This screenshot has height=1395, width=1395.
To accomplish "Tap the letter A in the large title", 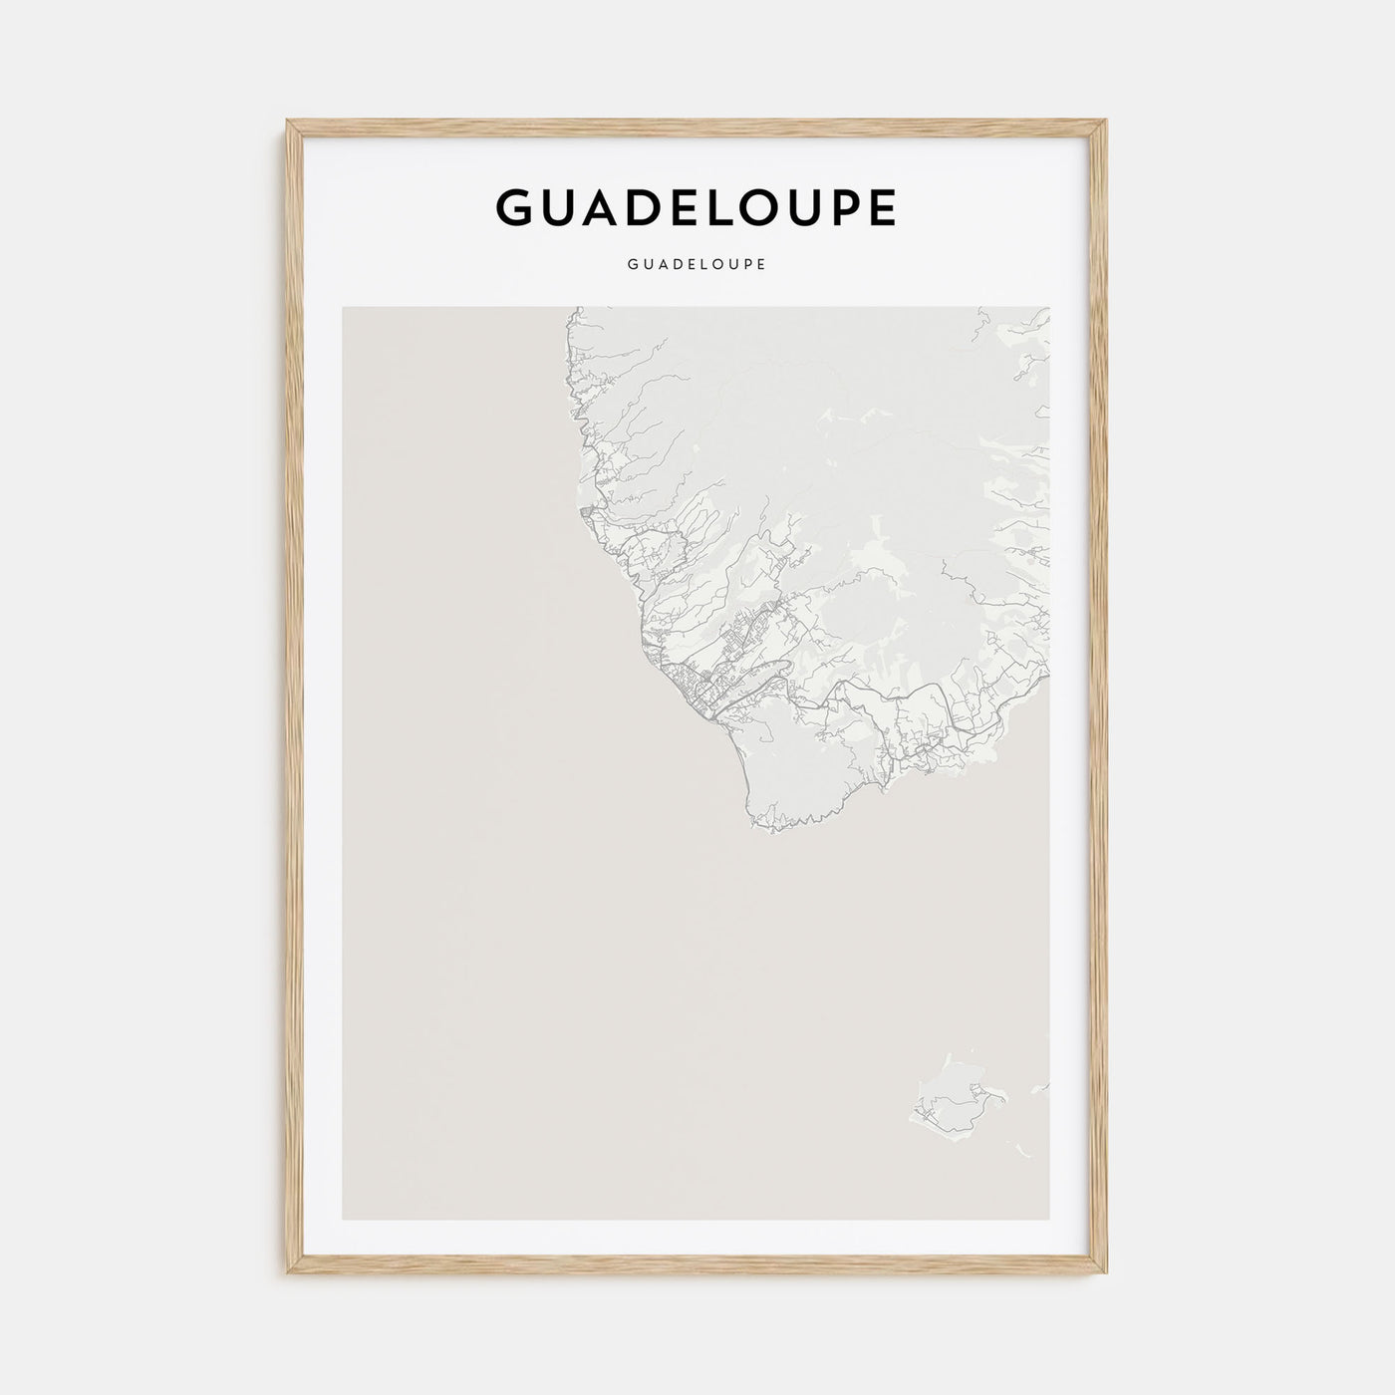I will pos(616,207).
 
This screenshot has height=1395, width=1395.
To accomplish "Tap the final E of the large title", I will pos(880,207).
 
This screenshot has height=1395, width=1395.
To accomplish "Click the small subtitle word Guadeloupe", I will pos(697,265).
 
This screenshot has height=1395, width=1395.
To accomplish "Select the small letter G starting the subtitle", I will pos(633,265).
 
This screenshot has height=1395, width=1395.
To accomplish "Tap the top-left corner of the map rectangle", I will pos(343,307).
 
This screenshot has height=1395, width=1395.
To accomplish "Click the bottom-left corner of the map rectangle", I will pos(343,1220).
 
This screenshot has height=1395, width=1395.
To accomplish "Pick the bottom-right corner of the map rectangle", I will pos(1050,1220).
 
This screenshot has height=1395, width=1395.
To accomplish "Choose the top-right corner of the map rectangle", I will pos(1050,307).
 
